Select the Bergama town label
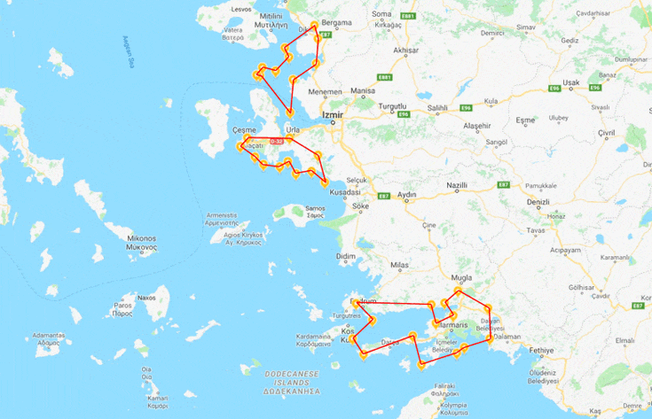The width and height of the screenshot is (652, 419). click(337, 20)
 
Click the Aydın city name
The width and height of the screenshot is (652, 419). click(407, 194)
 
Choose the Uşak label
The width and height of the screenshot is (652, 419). click(570, 82)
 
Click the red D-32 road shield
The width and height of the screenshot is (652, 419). click(277, 141)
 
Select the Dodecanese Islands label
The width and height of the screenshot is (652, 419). click(291, 381)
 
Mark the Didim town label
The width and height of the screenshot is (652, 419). click(346, 256)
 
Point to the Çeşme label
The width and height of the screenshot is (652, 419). click(243, 129)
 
